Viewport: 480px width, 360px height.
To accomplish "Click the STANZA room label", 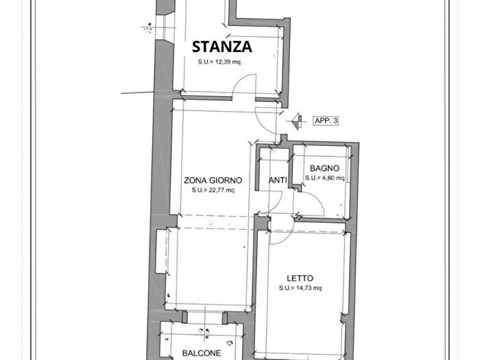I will [221, 47].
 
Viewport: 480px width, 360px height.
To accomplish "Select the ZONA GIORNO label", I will [213, 180].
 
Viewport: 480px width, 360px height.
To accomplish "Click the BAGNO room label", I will [324, 168].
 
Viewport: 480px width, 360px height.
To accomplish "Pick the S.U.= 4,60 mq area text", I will [324, 178].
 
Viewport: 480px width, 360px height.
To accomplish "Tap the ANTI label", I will [277, 180].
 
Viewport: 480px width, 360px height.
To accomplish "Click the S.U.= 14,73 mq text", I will [300, 288].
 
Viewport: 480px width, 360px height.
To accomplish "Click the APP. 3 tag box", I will [326, 121].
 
